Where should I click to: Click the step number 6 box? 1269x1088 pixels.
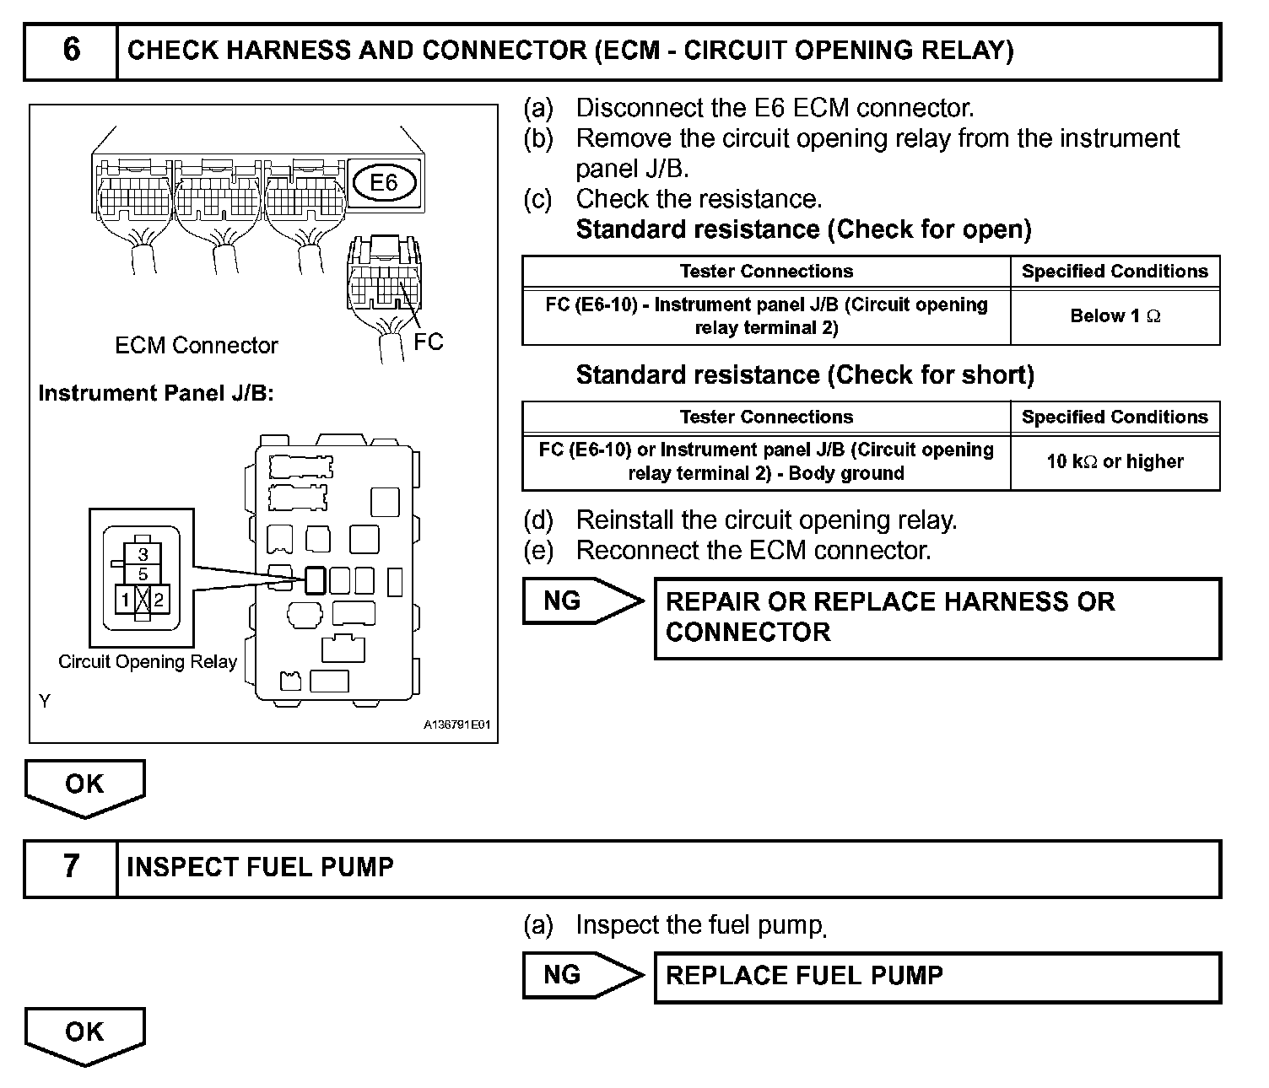(x=71, y=51)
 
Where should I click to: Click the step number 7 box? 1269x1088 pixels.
(x=71, y=868)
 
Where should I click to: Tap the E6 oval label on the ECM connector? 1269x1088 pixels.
(x=383, y=182)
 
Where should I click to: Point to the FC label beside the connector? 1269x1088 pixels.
(x=428, y=342)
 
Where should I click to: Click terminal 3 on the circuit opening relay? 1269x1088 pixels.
(x=143, y=554)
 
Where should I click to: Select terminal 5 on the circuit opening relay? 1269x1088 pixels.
(x=143, y=574)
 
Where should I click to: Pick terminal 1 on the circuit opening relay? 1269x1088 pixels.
(x=126, y=601)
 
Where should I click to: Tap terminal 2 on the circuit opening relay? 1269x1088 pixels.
(x=159, y=601)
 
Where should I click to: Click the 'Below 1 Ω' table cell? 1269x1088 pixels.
(x=1115, y=316)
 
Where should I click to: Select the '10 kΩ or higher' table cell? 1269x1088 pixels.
(x=1115, y=461)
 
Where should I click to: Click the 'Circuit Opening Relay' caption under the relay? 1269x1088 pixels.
(x=148, y=662)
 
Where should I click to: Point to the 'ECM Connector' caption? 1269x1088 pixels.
(x=196, y=345)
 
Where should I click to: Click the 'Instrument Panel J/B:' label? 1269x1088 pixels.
(x=156, y=393)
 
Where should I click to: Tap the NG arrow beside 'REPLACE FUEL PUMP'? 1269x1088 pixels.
(x=581, y=976)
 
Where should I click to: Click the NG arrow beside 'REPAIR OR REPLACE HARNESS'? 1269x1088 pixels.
(x=581, y=601)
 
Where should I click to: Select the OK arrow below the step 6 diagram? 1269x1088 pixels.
(x=84, y=787)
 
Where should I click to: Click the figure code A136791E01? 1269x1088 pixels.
(x=456, y=724)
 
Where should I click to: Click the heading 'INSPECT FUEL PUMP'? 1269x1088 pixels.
(x=260, y=868)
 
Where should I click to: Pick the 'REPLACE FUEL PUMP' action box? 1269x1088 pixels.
(x=937, y=977)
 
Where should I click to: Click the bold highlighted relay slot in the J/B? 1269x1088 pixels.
(x=314, y=580)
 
